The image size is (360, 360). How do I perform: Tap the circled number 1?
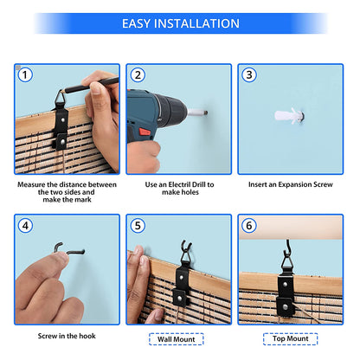[25, 74]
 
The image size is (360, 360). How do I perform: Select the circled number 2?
[138, 74]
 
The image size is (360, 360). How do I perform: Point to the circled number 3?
[249, 74]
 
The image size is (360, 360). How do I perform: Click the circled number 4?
[25, 225]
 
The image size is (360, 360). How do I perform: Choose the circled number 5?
[138, 225]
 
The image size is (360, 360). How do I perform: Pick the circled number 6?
[249, 225]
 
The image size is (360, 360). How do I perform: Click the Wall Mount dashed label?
[177, 339]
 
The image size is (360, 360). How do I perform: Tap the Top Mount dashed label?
[291, 338]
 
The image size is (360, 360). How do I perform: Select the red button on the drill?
[145, 132]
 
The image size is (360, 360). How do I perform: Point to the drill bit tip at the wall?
[206, 112]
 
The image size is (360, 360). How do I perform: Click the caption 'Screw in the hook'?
[67, 336]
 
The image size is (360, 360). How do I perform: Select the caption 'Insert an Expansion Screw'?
[291, 184]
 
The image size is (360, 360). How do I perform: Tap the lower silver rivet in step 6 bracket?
[286, 307]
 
